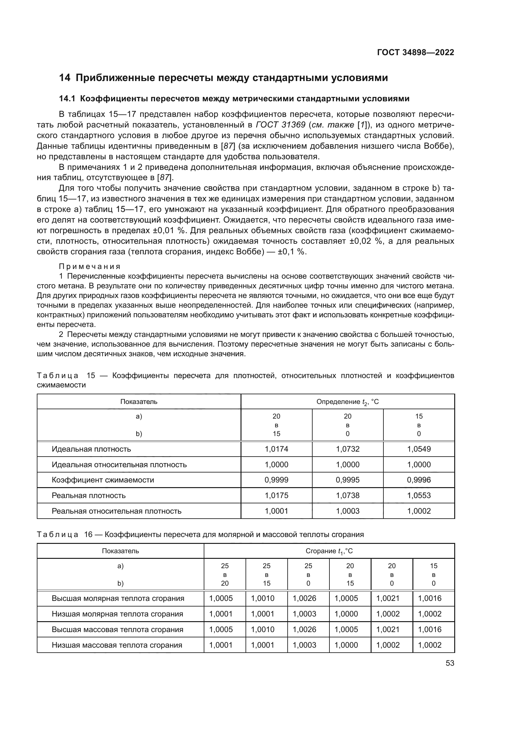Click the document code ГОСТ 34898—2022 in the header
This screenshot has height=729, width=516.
tap(416, 52)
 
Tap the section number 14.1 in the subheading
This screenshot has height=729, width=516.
tap(67, 99)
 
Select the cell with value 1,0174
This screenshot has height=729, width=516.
tap(276, 449)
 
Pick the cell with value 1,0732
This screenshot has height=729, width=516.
tap(348, 449)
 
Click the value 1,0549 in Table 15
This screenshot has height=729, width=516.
tap(419, 449)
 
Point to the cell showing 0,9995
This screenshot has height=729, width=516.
tap(348, 480)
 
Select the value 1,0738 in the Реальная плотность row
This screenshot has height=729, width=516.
tap(348, 495)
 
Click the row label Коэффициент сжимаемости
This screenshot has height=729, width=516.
tap(103, 480)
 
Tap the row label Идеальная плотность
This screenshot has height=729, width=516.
tap(91, 449)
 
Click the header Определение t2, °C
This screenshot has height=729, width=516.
tap(348, 402)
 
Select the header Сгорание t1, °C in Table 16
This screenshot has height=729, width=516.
tap(329, 551)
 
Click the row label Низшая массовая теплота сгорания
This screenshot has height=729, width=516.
tap(117, 645)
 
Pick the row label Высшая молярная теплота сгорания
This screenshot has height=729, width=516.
tap(118, 598)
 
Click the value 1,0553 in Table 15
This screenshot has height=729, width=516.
tap(419, 495)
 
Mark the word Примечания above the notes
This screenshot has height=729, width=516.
tap(90, 266)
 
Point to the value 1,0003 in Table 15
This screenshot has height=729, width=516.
tap(348, 511)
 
